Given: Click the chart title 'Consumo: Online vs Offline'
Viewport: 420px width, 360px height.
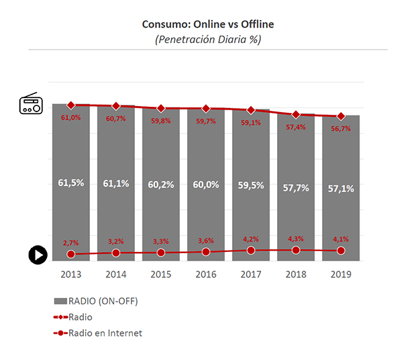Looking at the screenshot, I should tap(208, 24).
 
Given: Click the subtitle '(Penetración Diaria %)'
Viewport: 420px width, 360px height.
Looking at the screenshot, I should tap(208, 39).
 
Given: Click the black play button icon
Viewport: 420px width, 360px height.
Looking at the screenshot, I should tap(38, 255).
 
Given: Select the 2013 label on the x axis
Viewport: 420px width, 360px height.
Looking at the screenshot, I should tap(71, 274).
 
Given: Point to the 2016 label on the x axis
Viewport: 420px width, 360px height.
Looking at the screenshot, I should tap(206, 274).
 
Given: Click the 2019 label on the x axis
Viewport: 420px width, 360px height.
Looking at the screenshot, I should tap(341, 274).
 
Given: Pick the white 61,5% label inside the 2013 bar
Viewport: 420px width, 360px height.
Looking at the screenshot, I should tap(71, 183).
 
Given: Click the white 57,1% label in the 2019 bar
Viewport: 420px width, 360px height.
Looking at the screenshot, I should tap(341, 189).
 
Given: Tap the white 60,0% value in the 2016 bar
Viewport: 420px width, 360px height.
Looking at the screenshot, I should tap(206, 185).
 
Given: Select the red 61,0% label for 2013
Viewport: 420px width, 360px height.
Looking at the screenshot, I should tap(71, 118).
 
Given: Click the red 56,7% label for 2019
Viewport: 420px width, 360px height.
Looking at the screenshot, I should tap(341, 128).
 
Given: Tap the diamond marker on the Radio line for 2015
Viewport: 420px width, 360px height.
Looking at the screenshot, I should tap(161, 108).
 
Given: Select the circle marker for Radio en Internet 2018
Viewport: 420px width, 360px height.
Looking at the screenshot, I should tap(296, 250).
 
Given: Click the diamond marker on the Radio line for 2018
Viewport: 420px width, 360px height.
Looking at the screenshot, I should tap(296, 115).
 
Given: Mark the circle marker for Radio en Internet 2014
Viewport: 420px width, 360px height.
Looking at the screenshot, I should tap(116, 253).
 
